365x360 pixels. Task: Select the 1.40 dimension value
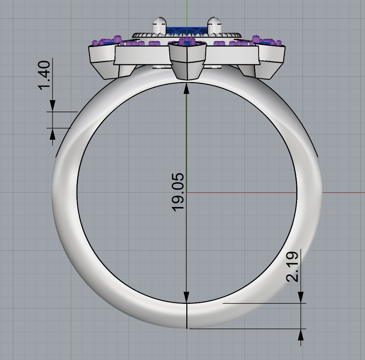44,75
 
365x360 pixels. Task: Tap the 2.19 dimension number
292,266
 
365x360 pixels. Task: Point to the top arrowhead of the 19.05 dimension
187,88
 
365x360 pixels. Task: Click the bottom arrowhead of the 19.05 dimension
187,297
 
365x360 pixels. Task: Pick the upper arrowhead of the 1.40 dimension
52,106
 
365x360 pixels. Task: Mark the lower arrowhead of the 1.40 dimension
52,133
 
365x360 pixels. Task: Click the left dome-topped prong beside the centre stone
159,26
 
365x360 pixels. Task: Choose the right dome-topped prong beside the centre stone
214,26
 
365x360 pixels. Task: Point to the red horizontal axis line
332,192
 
